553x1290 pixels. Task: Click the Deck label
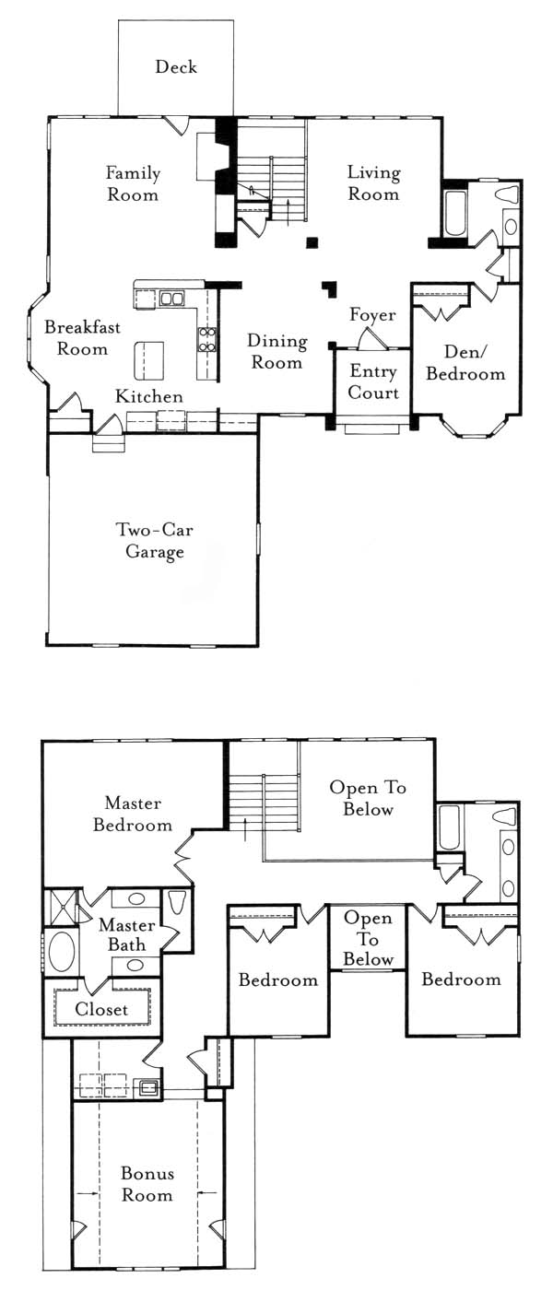click(176, 66)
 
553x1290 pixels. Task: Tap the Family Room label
click(133, 183)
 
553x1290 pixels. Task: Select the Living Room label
click(374, 182)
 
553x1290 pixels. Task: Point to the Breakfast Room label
click(82, 337)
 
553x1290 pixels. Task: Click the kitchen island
click(149, 360)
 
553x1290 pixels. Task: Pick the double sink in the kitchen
click(171, 299)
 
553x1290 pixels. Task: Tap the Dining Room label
click(277, 351)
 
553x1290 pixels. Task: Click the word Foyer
click(372, 314)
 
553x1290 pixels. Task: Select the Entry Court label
click(373, 381)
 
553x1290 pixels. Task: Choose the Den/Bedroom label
click(465, 363)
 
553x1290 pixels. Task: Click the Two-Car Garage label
click(155, 540)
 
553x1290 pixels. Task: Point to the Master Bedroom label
click(133, 814)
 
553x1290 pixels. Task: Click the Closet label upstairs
click(101, 1009)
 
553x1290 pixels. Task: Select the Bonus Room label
click(147, 1184)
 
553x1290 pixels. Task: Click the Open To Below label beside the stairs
click(368, 798)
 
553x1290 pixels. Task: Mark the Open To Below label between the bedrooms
click(368, 938)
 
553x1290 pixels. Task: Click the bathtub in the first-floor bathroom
click(455, 213)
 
